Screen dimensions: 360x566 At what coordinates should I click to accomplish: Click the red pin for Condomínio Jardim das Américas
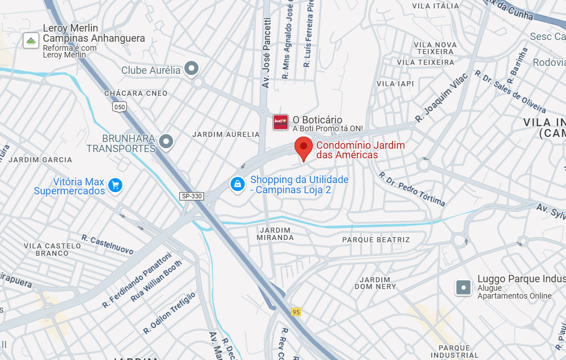click(304, 148)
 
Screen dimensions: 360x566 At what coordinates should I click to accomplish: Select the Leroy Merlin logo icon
click(30, 40)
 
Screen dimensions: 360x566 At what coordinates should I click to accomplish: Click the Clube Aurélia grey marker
click(192, 69)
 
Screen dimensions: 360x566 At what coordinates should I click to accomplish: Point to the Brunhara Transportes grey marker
click(166, 141)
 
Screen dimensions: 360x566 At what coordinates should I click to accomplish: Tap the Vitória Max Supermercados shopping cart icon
click(116, 185)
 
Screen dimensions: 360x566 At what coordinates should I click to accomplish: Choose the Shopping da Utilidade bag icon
click(237, 184)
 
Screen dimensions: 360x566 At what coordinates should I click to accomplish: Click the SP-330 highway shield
click(191, 196)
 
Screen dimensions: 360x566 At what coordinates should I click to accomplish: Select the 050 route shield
click(120, 106)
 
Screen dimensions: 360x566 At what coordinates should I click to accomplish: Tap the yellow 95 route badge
click(295, 312)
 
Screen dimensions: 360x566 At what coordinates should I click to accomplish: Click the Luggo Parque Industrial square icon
click(463, 287)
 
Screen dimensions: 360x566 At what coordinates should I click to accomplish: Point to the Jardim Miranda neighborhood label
click(276, 234)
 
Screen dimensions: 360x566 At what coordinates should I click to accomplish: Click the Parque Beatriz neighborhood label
click(376, 240)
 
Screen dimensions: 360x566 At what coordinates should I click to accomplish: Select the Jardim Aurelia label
click(226, 135)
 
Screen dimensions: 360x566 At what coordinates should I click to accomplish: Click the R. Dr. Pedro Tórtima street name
click(413, 189)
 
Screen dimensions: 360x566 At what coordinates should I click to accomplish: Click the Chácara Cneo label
click(136, 94)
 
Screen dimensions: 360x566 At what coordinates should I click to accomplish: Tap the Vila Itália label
click(436, 6)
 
